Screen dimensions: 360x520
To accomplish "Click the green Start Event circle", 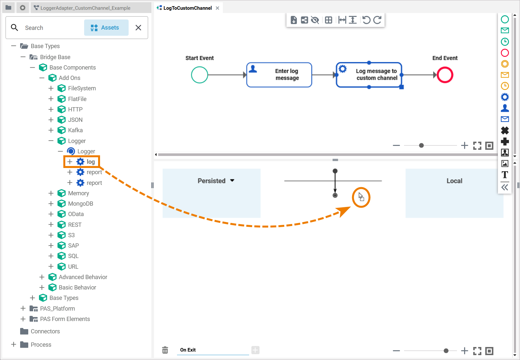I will pyautogui.click(x=199, y=75).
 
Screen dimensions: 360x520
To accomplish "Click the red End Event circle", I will pyautogui.click(x=445, y=75).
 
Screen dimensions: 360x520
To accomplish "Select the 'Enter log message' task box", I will pyautogui.click(x=279, y=75).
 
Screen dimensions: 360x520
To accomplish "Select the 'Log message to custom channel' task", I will pyautogui.click(x=369, y=75).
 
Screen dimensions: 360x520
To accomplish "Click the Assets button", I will pyautogui.click(x=106, y=28).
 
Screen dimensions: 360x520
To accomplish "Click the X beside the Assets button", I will pyautogui.click(x=138, y=28).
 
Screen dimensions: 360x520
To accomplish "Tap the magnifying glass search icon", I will pyautogui.click(x=14, y=28).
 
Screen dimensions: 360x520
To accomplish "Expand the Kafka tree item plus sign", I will pyautogui.click(x=51, y=130).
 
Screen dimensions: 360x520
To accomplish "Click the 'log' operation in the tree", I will pyautogui.click(x=91, y=162).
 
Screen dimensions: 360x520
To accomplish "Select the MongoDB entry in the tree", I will pyautogui.click(x=81, y=204).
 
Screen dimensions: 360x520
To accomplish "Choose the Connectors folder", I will pyautogui.click(x=45, y=331).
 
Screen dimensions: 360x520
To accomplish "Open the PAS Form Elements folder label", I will pyautogui.click(x=65, y=319).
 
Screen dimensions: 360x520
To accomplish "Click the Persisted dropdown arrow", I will pyautogui.click(x=232, y=181).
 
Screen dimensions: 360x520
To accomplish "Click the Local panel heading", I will pyautogui.click(x=454, y=181).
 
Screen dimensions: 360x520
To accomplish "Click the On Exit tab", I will pyautogui.click(x=188, y=350).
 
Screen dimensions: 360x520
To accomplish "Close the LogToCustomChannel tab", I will pyautogui.click(x=218, y=8).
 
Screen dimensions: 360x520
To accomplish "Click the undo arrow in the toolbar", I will pyautogui.click(x=366, y=20).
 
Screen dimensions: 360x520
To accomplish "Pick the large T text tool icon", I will pyautogui.click(x=505, y=175).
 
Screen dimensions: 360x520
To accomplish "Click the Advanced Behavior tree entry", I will pyautogui.click(x=83, y=277).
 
